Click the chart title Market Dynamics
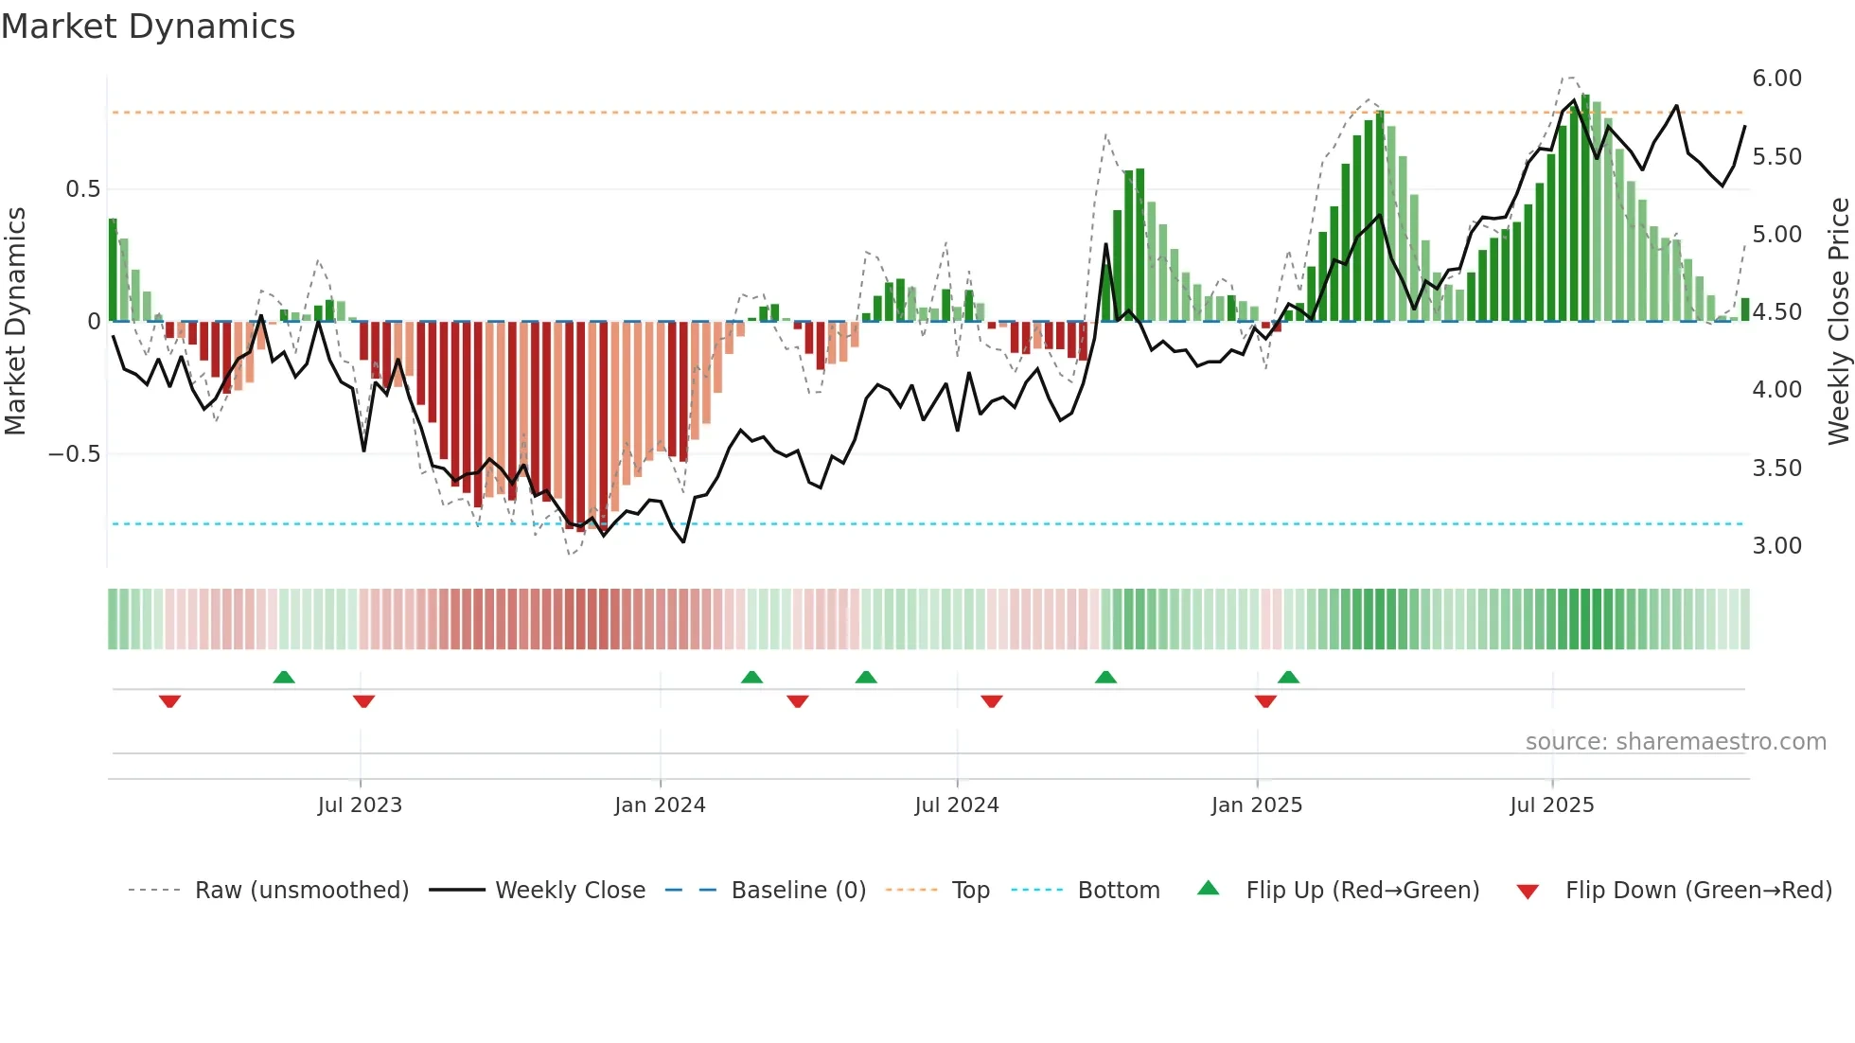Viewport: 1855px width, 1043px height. (149, 27)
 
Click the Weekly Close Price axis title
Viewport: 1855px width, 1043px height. (1838, 321)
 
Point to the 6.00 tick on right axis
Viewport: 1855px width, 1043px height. (1776, 79)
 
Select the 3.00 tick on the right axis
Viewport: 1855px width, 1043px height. (1776, 546)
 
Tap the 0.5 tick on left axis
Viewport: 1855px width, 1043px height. (82, 189)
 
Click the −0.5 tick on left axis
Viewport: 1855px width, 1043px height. (75, 454)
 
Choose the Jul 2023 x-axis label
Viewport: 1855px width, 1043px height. (360, 805)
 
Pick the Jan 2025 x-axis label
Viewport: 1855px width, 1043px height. (1256, 805)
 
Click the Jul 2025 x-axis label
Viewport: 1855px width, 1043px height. (1551, 805)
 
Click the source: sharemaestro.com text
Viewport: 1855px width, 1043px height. (1675, 742)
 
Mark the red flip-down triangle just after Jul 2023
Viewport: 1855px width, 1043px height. (363, 701)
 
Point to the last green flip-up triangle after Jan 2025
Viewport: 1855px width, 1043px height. (1288, 677)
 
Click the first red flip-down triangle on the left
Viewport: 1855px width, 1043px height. (169, 701)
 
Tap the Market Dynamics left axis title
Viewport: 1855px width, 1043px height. (15, 321)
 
